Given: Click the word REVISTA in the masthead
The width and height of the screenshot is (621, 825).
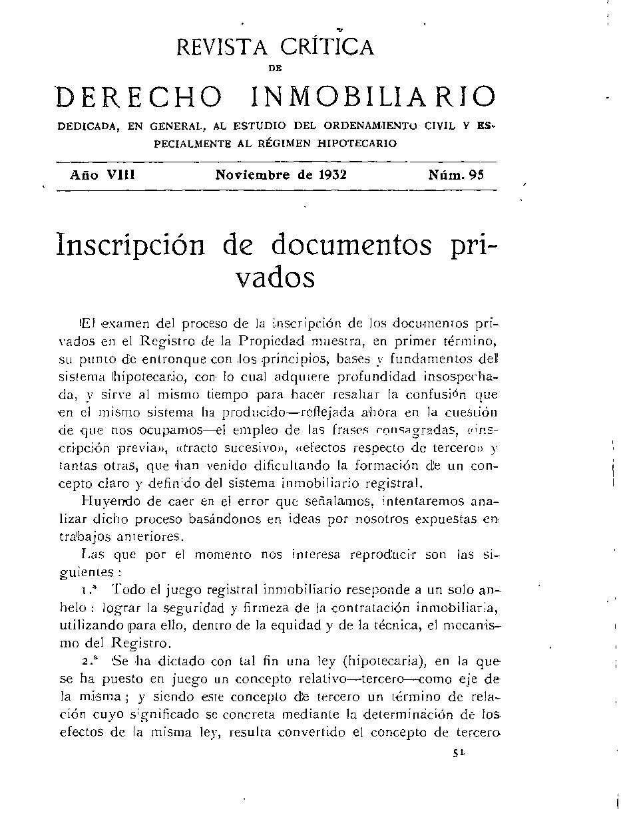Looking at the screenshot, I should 220,47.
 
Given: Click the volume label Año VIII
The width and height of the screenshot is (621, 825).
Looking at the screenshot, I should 103,176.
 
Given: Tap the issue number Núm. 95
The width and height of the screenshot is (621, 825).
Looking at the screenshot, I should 456,176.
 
